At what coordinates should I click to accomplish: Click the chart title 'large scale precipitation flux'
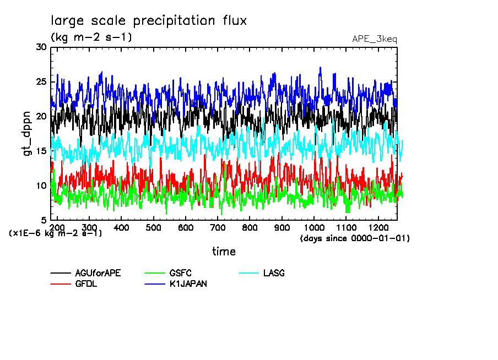click(149, 21)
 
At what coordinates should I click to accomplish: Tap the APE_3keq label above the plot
click(374, 39)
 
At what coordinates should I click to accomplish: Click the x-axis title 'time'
click(224, 252)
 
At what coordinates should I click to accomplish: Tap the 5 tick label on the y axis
click(44, 220)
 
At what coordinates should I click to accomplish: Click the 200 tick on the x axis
click(57, 227)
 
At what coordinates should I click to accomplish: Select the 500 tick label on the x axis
click(154, 227)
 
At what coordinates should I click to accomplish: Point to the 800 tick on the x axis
click(250, 227)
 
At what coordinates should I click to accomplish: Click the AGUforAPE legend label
click(98, 273)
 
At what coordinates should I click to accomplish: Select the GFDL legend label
click(86, 284)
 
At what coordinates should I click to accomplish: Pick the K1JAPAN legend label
click(188, 284)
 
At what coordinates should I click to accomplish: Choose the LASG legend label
click(274, 273)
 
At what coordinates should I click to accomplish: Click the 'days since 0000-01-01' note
click(355, 238)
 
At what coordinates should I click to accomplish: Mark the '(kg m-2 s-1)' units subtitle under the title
click(91, 37)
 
